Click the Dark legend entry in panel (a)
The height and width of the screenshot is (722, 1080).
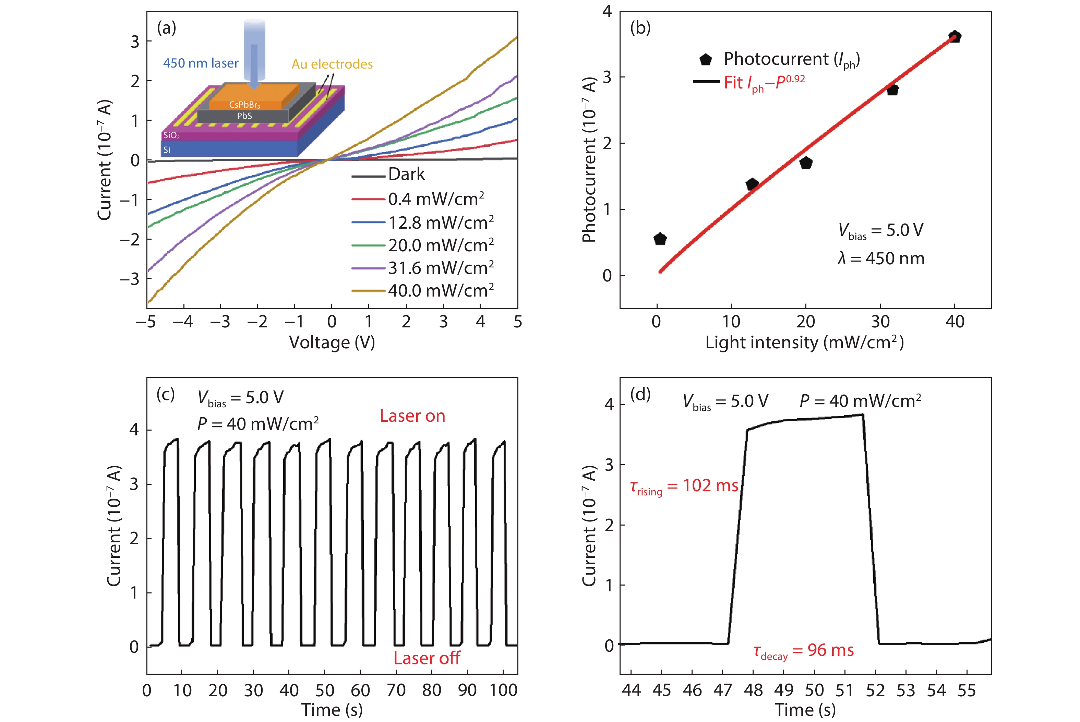coord(406,175)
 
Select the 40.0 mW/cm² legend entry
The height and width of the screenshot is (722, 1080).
coord(441,291)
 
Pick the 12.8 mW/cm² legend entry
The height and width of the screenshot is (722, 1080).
coord(441,223)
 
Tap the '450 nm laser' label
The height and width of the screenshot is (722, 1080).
coord(201,63)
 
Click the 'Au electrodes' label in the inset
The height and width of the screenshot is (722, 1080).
coord(332,64)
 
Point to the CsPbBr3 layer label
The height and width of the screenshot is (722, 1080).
coord(244,105)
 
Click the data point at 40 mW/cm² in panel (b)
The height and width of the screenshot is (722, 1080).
coord(955,37)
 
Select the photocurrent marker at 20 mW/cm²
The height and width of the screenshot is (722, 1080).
coord(806,163)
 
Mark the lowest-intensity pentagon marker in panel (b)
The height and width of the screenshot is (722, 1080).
coord(660,239)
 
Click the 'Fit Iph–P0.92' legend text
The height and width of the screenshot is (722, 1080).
coord(764,83)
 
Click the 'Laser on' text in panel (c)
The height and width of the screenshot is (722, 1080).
coord(412,416)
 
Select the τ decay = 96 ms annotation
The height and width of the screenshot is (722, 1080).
coord(803,651)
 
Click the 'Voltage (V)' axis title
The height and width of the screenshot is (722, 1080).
coord(332,342)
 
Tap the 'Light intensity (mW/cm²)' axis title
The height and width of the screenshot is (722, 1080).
coord(804,342)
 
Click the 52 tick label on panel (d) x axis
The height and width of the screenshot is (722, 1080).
coord(875,690)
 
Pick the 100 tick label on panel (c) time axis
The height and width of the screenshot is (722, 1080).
coord(503,690)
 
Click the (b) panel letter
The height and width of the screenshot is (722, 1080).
coord(640,28)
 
